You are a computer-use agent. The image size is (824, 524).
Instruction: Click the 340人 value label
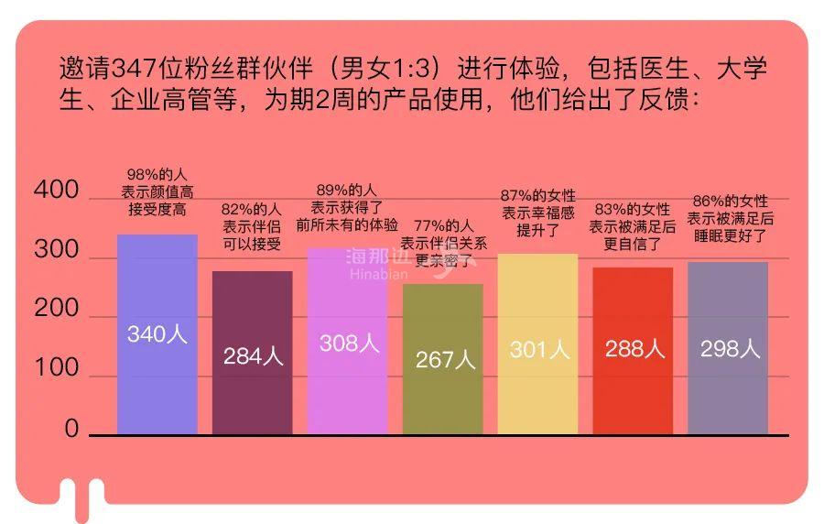(x=157, y=334)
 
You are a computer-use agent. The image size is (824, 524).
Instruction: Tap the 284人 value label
(x=253, y=356)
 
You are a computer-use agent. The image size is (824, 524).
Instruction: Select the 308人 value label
(x=349, y=344)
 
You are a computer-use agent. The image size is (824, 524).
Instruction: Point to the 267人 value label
(x=445, y=360)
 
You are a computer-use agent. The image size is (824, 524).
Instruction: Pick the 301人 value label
(x=539, y=349)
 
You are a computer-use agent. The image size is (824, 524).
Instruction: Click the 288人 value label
(x=634, y=349)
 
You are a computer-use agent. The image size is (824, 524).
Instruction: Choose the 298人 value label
(x=730, y=349)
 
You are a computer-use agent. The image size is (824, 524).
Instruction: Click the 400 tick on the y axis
(x=56, y=191)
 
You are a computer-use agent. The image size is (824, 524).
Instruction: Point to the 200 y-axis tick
(x=56, y=310)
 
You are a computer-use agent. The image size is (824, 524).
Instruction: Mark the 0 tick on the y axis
(x=71, y=429)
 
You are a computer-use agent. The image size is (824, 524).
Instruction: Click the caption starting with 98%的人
(x=157, y=192)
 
